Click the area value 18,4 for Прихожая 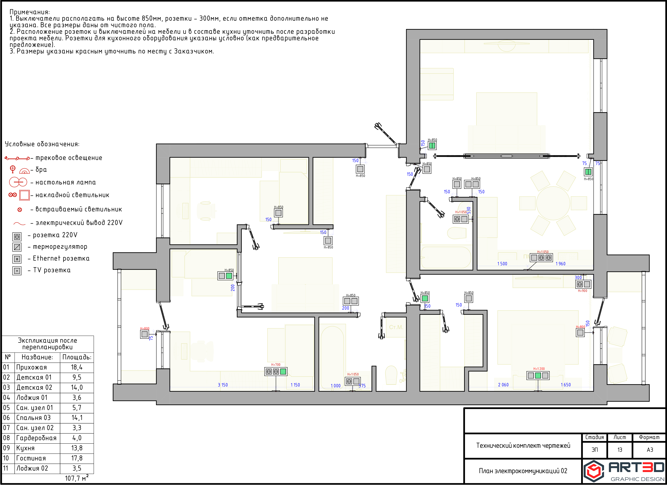pyautogui.click(x=77, y=367)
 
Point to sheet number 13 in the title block pyautogui.click(x=620, y=450)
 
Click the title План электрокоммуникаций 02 pyautogui.click(x=523, y=471)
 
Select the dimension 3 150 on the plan pyautogui.click(x=223, y=385)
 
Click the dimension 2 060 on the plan pyautogui.click(x=503, y=385)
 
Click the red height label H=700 pyautogui.click(x=276, y=364)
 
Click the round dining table pyautogui.click(x=553, y=203)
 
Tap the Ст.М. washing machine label pyautogui.click(x=396, y=327)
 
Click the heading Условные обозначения pyautogui.click(x=42, y=144)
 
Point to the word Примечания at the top pyautogui.click(x=30, y=12)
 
